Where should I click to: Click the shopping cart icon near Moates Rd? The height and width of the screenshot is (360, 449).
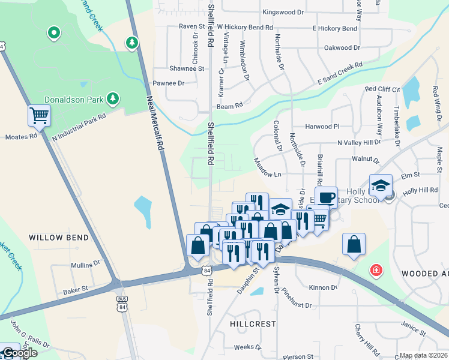39,115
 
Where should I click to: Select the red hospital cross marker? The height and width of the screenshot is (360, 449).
376,271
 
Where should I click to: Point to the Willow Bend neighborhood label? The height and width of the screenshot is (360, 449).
59,238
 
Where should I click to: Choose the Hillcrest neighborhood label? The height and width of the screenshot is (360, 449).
253,323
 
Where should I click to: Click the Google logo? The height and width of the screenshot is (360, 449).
19,353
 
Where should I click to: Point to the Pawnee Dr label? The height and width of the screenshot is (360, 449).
168,83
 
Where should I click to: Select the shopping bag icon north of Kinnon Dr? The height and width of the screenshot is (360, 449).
354,245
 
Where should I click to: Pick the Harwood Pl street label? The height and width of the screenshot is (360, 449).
322,127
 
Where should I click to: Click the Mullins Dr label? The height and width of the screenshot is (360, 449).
85,264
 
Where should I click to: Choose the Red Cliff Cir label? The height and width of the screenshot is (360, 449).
382,89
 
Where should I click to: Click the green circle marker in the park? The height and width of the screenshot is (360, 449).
53,33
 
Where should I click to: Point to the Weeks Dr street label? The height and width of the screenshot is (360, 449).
244,347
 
